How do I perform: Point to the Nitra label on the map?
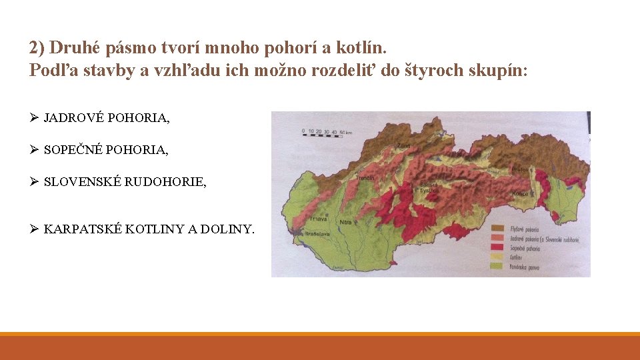(345, 221)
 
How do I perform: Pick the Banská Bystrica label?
(429, 187)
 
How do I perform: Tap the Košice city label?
(521, 193)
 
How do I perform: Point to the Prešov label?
(521, 170)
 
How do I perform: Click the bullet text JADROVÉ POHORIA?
(107, 118)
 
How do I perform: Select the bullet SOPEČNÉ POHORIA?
(106, 150)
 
